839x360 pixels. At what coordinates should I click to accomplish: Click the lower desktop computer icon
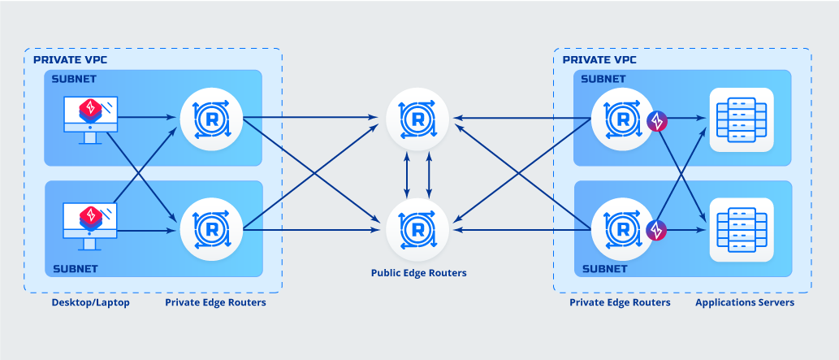(90, 225)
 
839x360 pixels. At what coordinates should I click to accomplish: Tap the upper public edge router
(417, 119)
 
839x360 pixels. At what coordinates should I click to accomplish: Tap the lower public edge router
(417, 230)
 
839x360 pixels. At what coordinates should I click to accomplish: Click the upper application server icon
(742, 119)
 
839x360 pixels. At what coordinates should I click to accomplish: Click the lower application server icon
(742, 230)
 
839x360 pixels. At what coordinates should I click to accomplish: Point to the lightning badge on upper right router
(656, 123)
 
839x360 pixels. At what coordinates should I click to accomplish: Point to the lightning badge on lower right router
(656, 232)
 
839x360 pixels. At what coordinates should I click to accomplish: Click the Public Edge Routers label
(418, 273)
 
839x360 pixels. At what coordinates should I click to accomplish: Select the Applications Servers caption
(744, 302)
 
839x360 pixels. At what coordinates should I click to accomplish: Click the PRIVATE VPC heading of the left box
(70, 60)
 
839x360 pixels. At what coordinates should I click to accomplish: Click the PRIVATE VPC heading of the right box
(599, 60)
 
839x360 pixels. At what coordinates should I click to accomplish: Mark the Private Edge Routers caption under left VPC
(215, 302)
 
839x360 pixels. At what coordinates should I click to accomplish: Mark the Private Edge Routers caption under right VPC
(620, 302)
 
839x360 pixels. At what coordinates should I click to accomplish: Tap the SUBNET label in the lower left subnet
(75, 268)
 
